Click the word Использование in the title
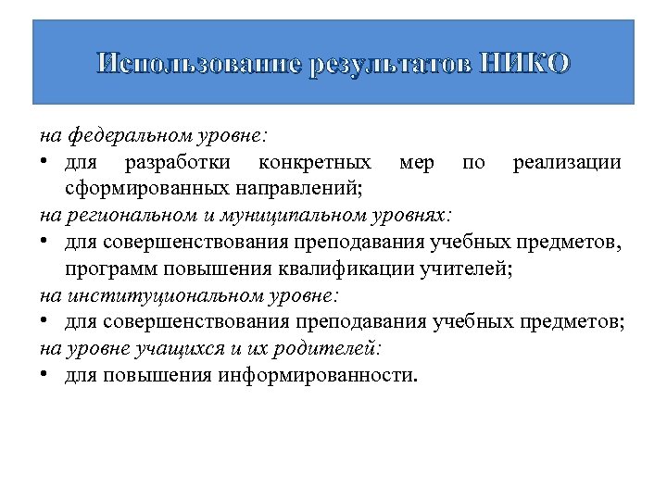[x=199, y=64]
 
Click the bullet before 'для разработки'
[x=44, y=163]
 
